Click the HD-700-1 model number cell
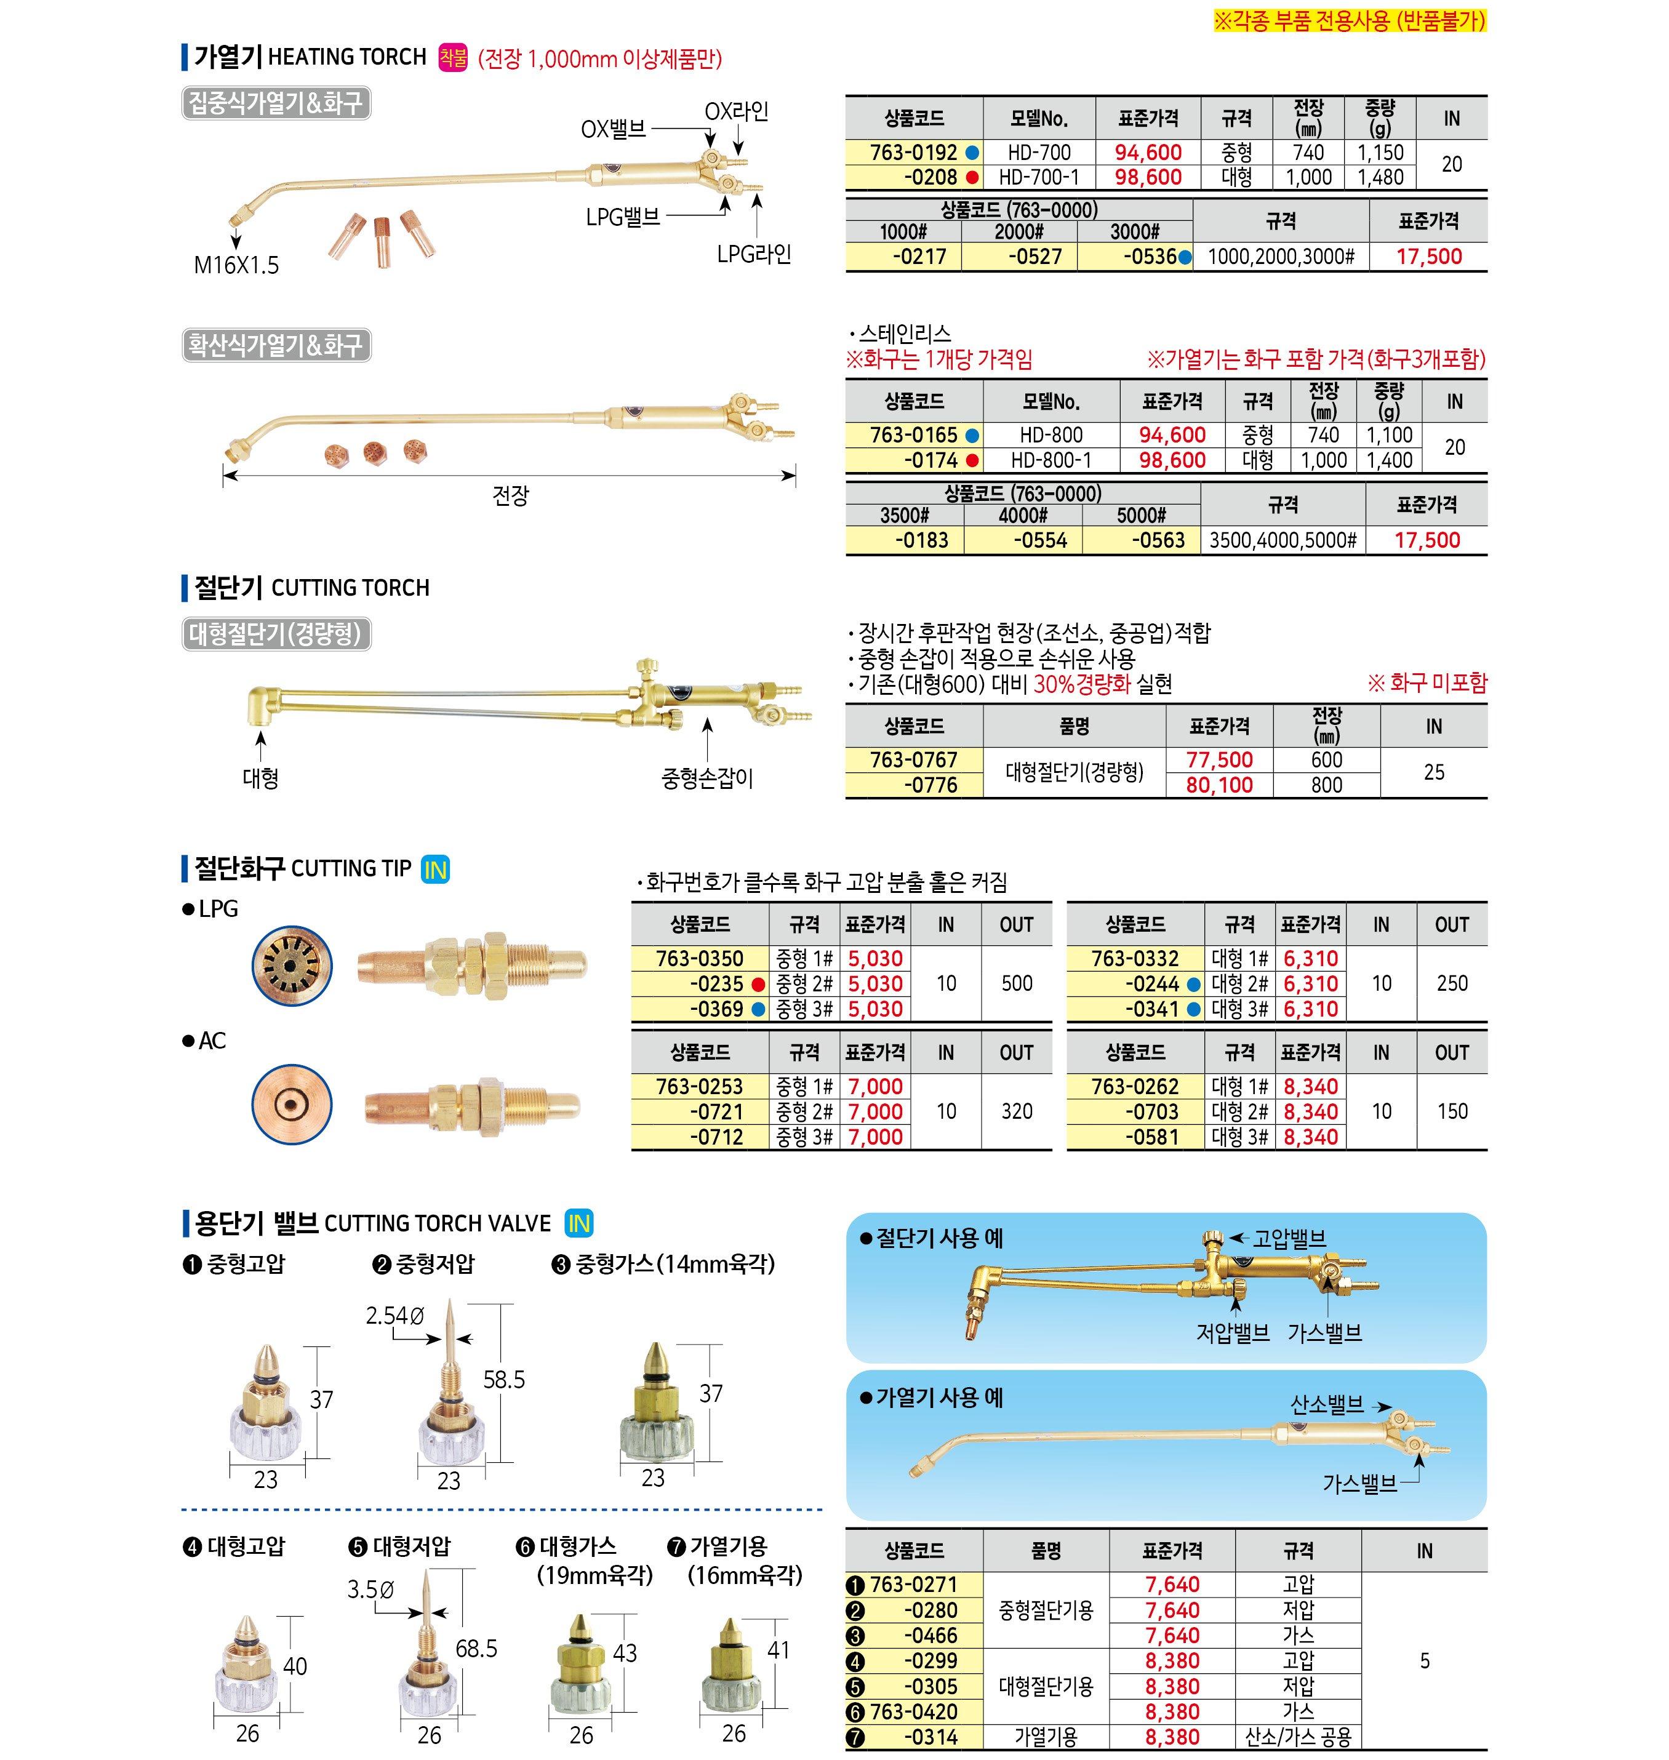(1038, 177)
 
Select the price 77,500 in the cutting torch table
(1219, 760)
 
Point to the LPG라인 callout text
(753, 255)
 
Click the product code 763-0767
(914, 760)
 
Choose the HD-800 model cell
(1051, 435)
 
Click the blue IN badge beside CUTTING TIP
(435, 870)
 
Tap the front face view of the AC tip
(291, 1106)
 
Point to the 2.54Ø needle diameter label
(395, 1315)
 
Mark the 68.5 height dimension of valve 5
(476, 1649)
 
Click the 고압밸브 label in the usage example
(1289, 1239)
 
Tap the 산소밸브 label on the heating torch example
(1326, 1405)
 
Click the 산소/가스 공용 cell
(1298, 1737)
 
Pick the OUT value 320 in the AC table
(1016, 1111)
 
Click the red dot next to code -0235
(758, 984)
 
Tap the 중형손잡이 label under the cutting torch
(706, 778)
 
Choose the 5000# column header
(1142, 515)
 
